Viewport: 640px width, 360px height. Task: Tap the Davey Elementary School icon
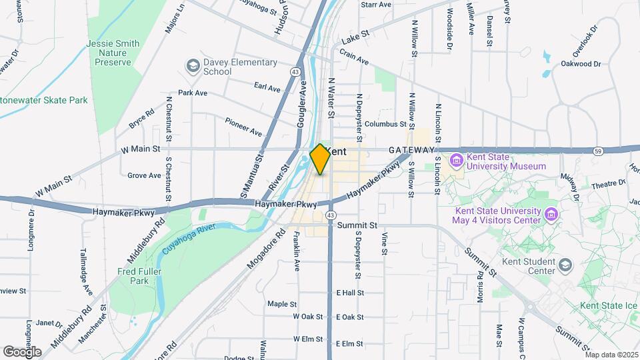pos(193,66)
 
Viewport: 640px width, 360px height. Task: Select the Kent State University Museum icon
pos(457,161)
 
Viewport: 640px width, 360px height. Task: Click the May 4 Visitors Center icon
pos(551,215)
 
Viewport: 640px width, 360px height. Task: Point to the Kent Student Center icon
pos(565,266)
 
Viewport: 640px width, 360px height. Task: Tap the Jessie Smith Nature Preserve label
pos(113,53)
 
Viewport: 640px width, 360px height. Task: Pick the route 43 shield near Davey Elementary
pos(294,71)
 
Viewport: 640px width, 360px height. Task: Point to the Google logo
pos(22,351)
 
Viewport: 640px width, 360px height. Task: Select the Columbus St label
pos(385,124)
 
